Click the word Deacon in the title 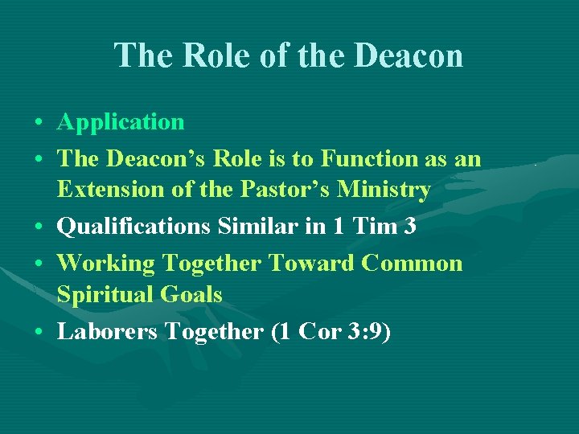[x=410, y=56]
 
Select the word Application [x=121, y=123]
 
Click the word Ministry [x=384, y=190]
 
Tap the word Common [x=412, y=264]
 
